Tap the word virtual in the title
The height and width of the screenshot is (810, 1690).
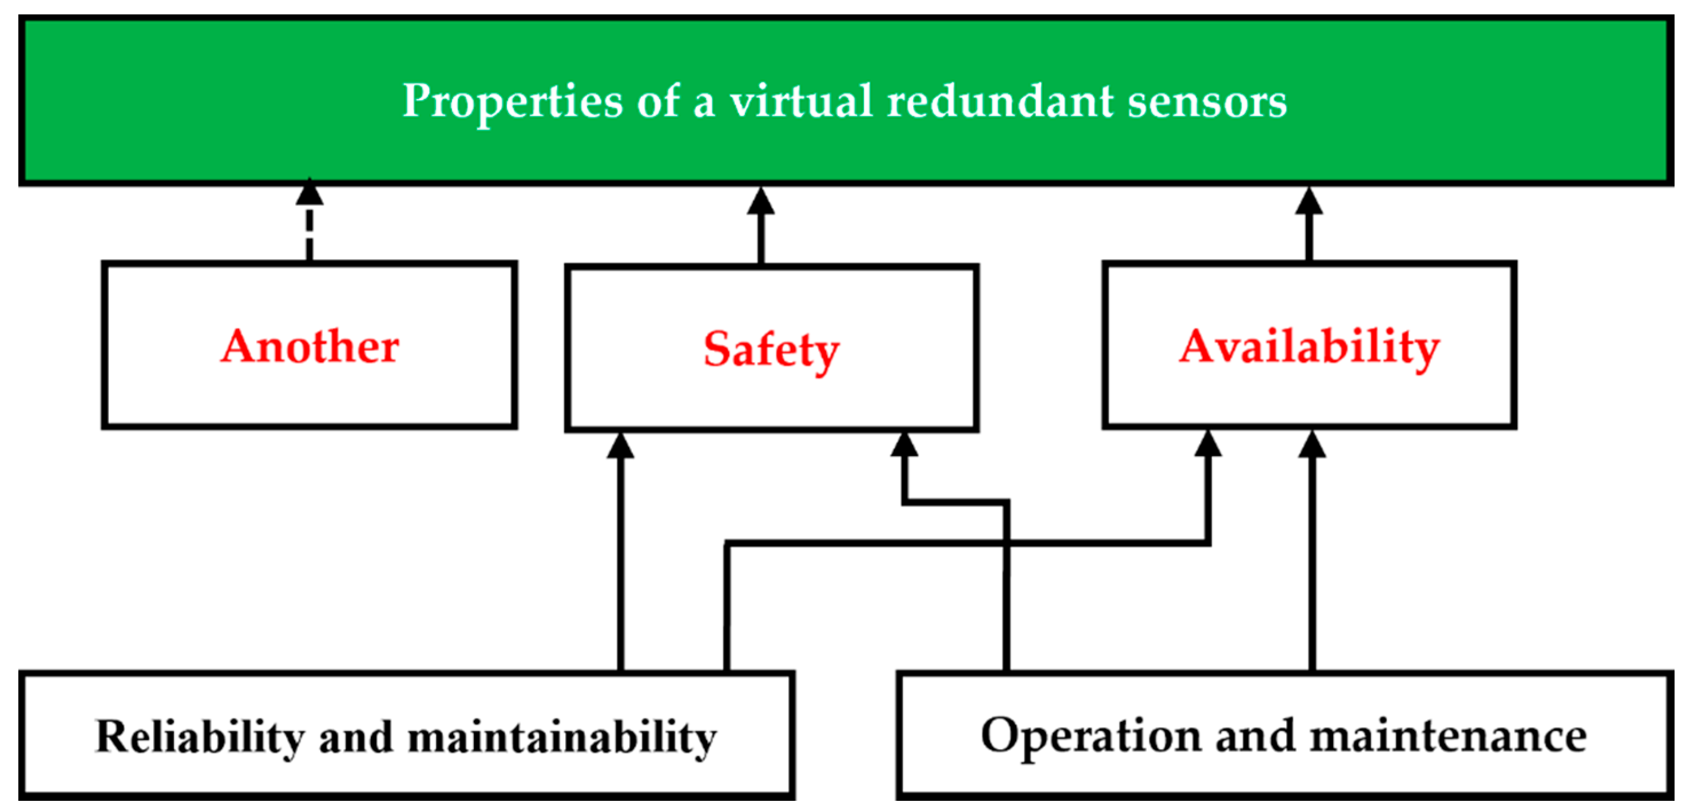click(801, 102)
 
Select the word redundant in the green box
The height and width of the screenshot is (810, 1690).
click(1000, 102)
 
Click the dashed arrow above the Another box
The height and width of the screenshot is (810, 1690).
click(310, 223)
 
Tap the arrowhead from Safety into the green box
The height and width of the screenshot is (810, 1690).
click(761, 201)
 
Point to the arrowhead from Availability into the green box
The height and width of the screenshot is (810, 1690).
click(1309, 201)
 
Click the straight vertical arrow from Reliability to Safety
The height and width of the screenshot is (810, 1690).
click(621, 558)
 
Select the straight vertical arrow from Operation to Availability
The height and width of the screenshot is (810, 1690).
click(1312, 558)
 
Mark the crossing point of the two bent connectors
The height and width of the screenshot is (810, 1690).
click(1006, 543)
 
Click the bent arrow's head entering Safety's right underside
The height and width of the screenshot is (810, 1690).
click(904, 444)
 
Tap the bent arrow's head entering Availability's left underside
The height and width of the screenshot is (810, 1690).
click(1208, 444)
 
